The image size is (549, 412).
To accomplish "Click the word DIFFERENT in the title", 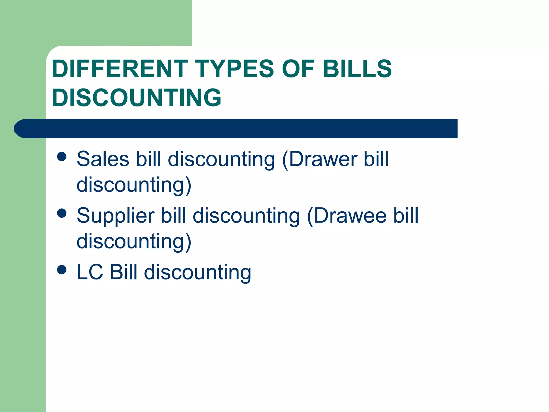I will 120,69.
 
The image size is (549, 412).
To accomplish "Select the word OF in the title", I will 298,69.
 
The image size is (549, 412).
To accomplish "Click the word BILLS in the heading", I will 357,69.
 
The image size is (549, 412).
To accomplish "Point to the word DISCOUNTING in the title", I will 136,98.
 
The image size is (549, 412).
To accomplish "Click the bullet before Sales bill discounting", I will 62,157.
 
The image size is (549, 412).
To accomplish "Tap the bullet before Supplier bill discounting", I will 62,213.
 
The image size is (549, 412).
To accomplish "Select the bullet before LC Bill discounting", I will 62,270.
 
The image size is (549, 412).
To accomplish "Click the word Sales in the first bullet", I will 103,159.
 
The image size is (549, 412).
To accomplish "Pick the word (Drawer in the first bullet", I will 320,159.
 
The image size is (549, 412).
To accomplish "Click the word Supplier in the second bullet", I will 116,216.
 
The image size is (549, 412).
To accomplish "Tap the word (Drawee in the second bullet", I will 347,216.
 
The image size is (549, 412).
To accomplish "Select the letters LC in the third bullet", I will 90,272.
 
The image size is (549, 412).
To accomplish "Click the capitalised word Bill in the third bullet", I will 124,272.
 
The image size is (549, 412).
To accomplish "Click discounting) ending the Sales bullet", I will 134,185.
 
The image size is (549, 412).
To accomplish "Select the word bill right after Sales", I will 149,159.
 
